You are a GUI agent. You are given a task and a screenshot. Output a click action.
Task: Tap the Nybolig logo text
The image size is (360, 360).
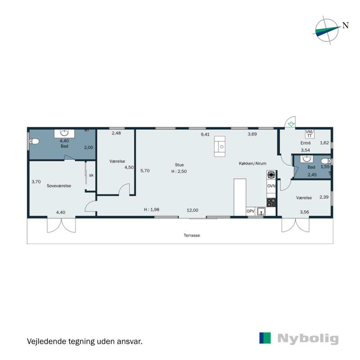click(308, 338)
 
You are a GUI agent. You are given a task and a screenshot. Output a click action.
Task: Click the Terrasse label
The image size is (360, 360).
click(192, 235)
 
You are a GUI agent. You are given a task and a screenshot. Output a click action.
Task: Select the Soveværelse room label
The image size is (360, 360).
click(59, 185)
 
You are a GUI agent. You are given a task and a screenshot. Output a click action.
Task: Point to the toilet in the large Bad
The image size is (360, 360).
click(34, 142)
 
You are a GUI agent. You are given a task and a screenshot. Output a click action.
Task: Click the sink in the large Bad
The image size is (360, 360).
click(64, 133)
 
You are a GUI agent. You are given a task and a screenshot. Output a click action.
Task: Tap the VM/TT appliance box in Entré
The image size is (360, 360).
click(309, 133)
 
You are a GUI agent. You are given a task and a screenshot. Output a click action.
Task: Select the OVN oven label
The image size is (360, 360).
click(271, 186)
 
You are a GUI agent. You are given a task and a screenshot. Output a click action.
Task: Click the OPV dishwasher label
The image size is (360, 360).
click(251, 211)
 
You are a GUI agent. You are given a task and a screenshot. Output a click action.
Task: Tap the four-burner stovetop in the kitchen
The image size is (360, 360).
click(271, 202)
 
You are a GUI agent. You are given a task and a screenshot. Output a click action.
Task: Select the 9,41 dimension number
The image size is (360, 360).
click(205, 134)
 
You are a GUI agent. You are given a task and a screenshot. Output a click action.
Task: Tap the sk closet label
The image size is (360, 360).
click(91, 175)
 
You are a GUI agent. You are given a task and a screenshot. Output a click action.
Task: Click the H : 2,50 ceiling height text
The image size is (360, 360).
click(179, 171)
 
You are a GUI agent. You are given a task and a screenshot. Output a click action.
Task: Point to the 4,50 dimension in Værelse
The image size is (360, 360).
click(129, 167)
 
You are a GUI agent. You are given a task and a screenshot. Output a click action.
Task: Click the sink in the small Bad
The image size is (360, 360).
click(307, 159)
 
